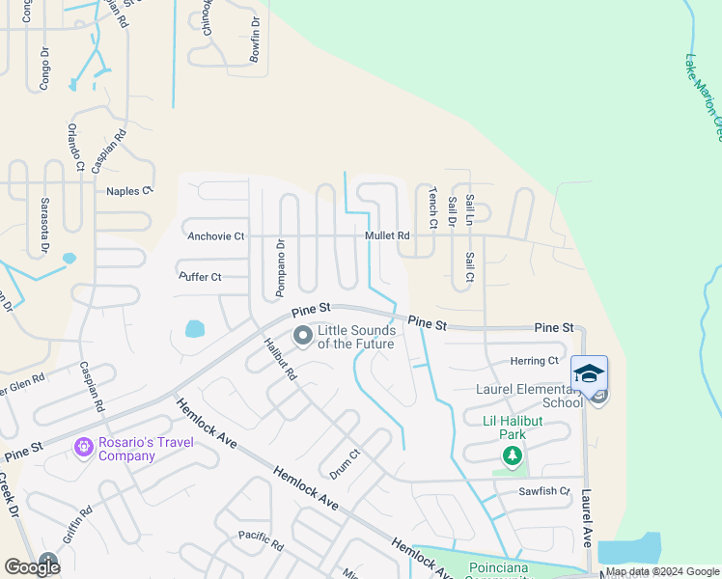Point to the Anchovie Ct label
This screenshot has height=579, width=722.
(216, 235)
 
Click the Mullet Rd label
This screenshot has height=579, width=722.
(387, 235)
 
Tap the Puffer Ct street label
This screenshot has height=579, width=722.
(201, 277)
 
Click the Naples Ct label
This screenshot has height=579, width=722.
(129, 191)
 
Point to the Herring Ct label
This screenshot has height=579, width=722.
(535, 361)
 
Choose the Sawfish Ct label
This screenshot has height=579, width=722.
(544, 491)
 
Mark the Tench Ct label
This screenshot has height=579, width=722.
(433, 207)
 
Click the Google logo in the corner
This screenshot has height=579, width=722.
(32, 567)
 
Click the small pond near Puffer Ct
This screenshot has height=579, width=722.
(194, 328)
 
